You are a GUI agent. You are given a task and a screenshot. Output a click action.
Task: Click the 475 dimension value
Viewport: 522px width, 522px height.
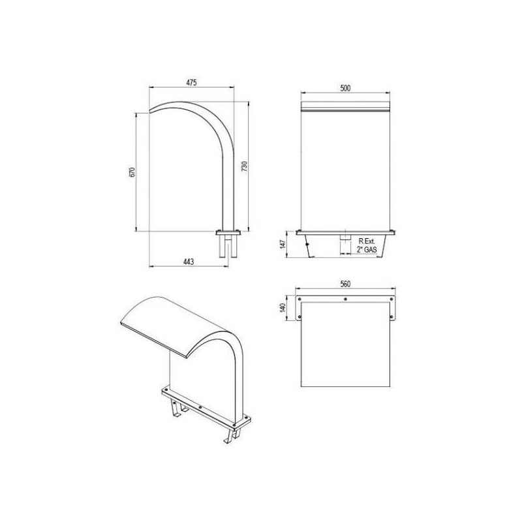(191, 82)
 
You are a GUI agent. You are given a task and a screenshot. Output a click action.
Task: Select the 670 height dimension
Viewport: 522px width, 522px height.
(132, 172)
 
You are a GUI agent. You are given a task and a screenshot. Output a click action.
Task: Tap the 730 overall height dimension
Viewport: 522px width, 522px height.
(244, 166)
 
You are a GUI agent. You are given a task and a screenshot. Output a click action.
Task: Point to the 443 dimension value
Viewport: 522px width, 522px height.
(189, 262)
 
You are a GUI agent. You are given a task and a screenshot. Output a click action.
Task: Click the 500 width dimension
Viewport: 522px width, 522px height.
(345, 88)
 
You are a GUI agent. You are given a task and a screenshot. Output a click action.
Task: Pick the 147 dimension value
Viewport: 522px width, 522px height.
(283, 244)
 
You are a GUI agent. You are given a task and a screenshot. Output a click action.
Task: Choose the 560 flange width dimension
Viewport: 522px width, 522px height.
(345, 284)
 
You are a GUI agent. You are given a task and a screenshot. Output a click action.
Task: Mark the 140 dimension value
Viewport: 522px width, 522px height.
(283, 307)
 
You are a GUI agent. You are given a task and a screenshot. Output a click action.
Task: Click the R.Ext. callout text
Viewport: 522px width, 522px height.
(367, 241)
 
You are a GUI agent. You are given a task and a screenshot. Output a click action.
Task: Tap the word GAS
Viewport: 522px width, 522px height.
(371, 249)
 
